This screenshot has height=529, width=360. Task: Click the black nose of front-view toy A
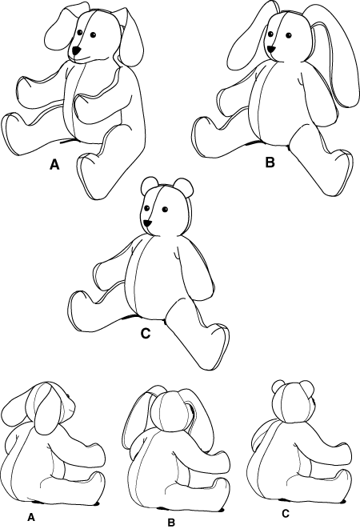(77, 51)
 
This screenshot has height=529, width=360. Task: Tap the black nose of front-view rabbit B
(271, 50)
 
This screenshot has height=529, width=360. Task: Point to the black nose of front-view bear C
(147, 223)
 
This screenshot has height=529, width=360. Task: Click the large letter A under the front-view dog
(54, 165)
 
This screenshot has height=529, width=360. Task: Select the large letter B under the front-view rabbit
(270, 162)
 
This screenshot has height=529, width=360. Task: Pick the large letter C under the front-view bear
(145, 333)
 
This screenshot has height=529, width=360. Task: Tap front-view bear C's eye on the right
(165, 209)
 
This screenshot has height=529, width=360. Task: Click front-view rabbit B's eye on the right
(289, 35)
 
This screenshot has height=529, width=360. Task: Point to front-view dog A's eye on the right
(93, 34)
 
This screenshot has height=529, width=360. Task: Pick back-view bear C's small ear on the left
(279, 387)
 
